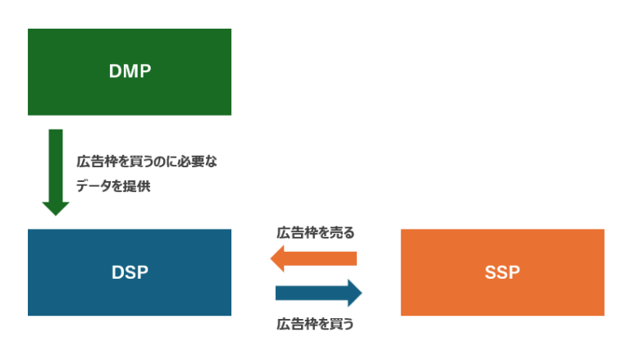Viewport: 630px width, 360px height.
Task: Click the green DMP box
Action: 130,71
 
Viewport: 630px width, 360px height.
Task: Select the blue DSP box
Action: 130,272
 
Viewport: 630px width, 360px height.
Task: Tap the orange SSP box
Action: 502,272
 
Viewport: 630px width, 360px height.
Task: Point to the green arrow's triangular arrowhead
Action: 56,207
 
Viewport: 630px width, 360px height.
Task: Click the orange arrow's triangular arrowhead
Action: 279,259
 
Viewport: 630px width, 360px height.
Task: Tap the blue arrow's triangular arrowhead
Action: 354,293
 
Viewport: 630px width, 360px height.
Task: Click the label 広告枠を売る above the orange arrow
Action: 316,232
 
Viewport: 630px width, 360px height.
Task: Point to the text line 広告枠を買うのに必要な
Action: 146,162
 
